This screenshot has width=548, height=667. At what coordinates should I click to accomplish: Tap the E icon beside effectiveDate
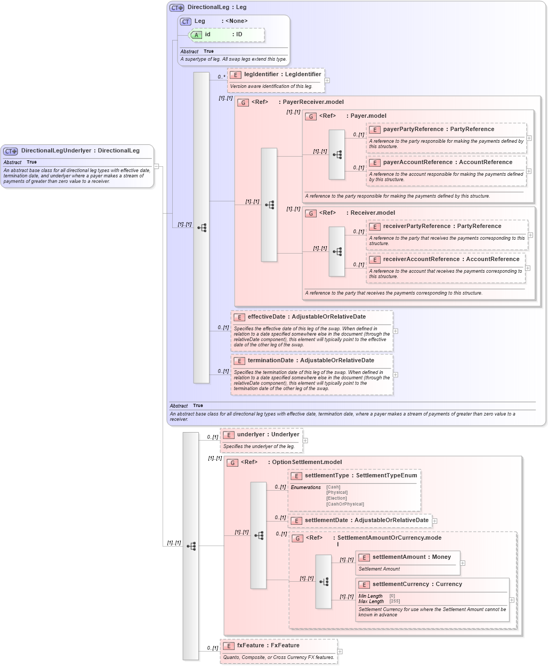pyautogui.click(x=239, y=318)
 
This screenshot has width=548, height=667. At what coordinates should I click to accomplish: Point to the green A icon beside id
pyautogui.click(x=196, y=35)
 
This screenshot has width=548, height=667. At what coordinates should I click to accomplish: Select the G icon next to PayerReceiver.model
pyautogui.click(x=243, y=103)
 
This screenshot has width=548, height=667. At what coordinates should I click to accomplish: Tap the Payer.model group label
pyautogui.click(x=368, y=116)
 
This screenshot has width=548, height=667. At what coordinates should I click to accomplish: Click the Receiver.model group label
pyautogui.click(x=373, y=213)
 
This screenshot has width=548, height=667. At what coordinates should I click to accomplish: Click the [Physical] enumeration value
pyautogui.click(x=337, y=493)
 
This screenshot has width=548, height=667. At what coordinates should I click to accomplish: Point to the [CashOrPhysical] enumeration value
pyautogui.click(x=345, y=505)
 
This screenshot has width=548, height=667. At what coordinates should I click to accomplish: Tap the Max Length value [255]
pyautogui.click(x=394, y=601)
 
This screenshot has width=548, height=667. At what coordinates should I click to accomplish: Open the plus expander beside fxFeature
pyautogui.click(x=340, y=652)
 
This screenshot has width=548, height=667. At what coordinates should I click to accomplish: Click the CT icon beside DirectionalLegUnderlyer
pyautogui.click(x=11, y=151)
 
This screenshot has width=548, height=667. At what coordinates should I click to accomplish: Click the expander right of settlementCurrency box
pyautogui.click(x=512, y=600)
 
